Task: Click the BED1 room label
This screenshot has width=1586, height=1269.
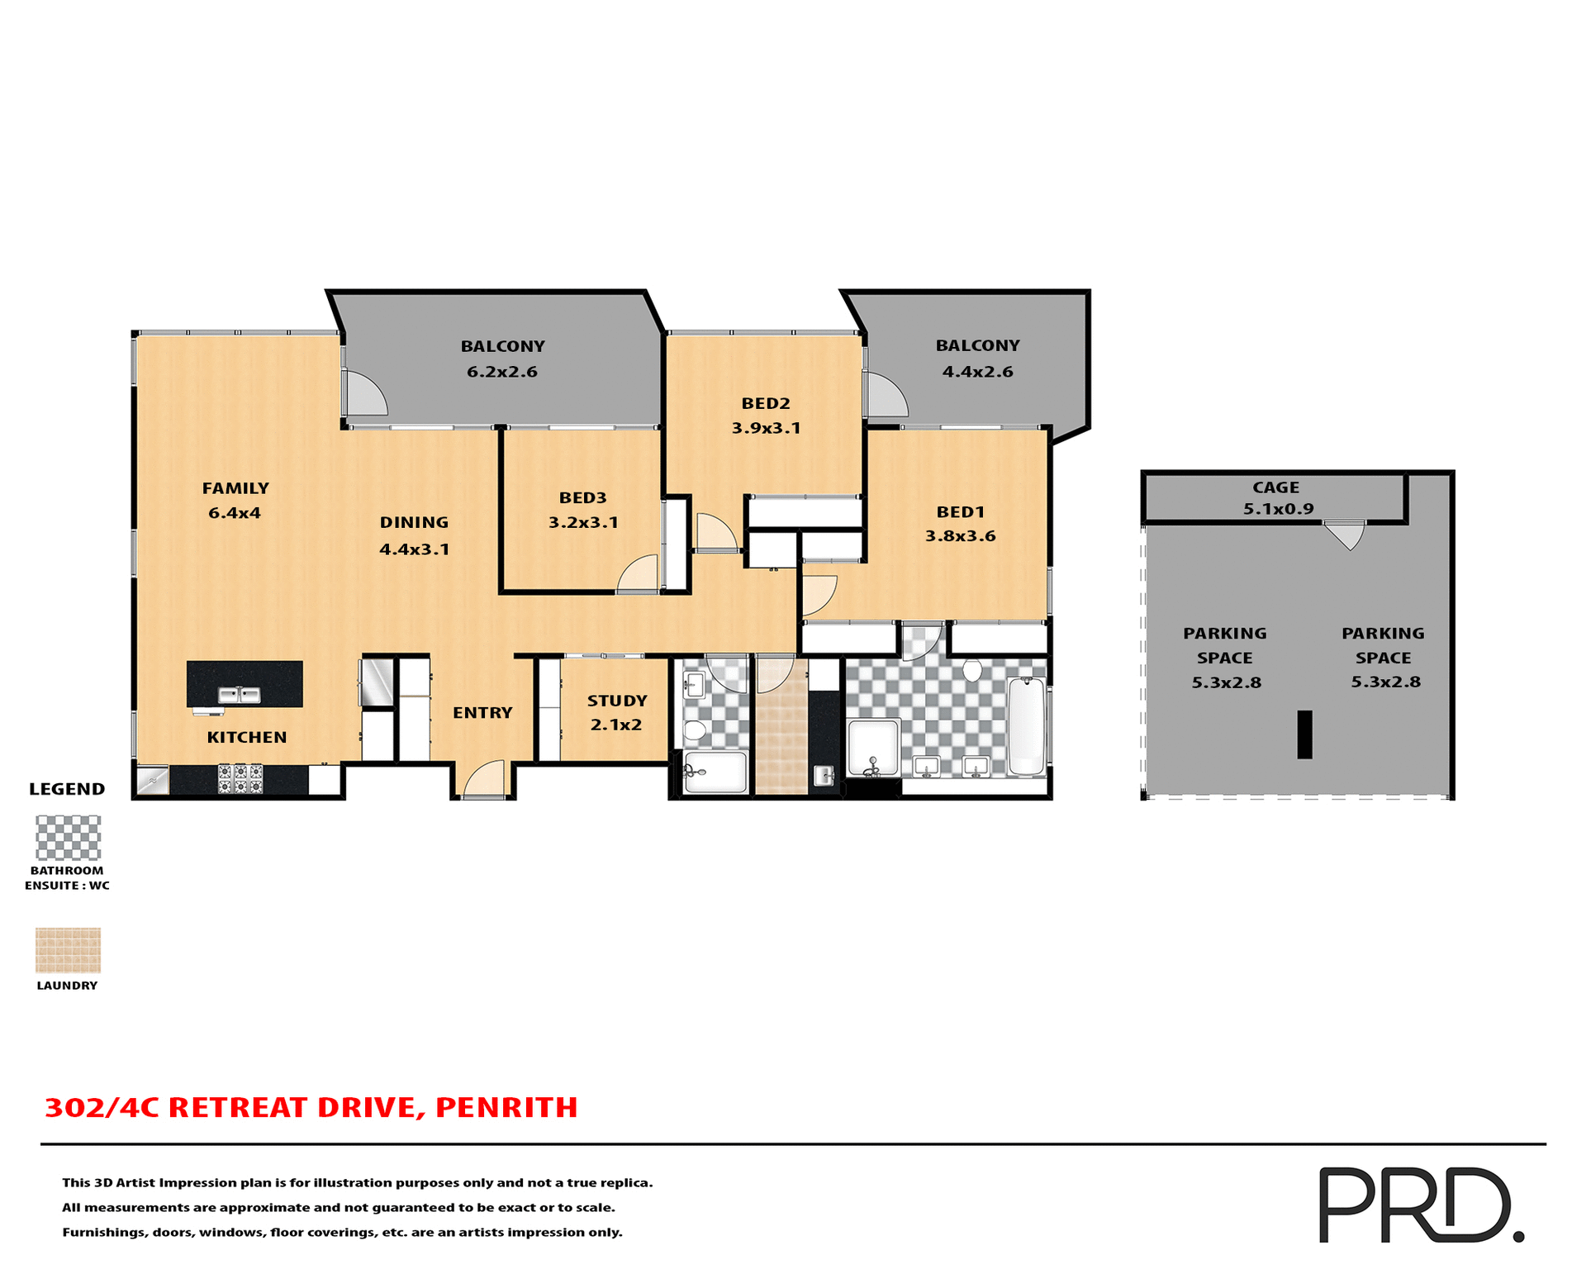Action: click(960, 512)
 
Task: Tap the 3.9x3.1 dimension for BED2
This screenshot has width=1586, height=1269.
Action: click(766, 428)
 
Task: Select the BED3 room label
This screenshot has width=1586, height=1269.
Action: click(582, 497)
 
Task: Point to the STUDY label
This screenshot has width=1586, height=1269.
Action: click(617, 701)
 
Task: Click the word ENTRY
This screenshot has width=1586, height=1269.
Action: click(482, 712)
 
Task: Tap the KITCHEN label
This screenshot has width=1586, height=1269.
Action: click(246, 737)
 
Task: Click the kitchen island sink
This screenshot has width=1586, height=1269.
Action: click(239, 695)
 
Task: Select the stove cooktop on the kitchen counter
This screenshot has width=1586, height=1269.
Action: click(240, 778)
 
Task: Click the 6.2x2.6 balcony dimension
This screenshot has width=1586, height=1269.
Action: click(502, 372)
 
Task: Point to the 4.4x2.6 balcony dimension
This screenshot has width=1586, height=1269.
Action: click(977, 372)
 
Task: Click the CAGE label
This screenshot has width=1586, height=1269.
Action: click(1275, 487)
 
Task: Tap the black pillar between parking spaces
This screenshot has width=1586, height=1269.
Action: click(1304, 734)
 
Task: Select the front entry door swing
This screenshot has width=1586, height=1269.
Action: click(485, 780)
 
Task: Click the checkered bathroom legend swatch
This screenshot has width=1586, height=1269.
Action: click(68, 838)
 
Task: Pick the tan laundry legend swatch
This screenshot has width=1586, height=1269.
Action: click(68, 950)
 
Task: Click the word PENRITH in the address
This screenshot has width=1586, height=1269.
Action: click(506, 1108)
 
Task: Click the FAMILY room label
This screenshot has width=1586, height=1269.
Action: click(235, 488)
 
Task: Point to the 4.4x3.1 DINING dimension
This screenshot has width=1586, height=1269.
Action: click(414, 549)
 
